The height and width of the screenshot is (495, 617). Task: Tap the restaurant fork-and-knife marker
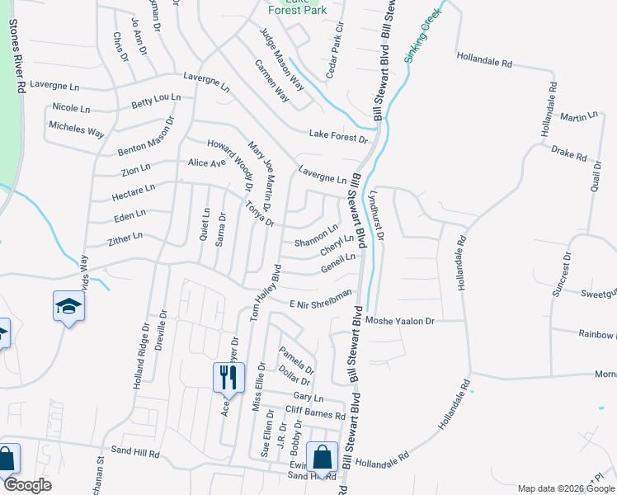[x=228, y=378]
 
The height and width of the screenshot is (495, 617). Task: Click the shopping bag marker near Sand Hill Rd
[x=322, y=457]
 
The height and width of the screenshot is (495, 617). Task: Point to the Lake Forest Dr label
[x=338, y=134]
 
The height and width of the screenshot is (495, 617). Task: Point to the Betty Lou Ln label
[x=156, y=101]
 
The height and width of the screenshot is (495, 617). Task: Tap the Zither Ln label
[x=125, y=239]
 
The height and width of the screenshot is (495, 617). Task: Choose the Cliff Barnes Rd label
[x=315, y=412]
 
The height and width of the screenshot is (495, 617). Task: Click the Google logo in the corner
[x=26, y=485]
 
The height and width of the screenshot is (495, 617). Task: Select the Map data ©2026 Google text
[x=565, y=488]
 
